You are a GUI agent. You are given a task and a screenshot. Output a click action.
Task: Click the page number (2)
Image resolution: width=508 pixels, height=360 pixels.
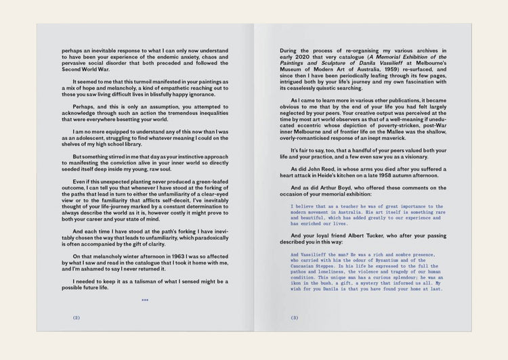[x=77, y=317]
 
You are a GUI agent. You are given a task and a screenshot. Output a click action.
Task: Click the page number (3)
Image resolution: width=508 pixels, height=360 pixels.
[x=295, y=317]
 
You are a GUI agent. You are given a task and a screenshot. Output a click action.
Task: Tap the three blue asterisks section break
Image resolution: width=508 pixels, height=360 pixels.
[x=145, y=299]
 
